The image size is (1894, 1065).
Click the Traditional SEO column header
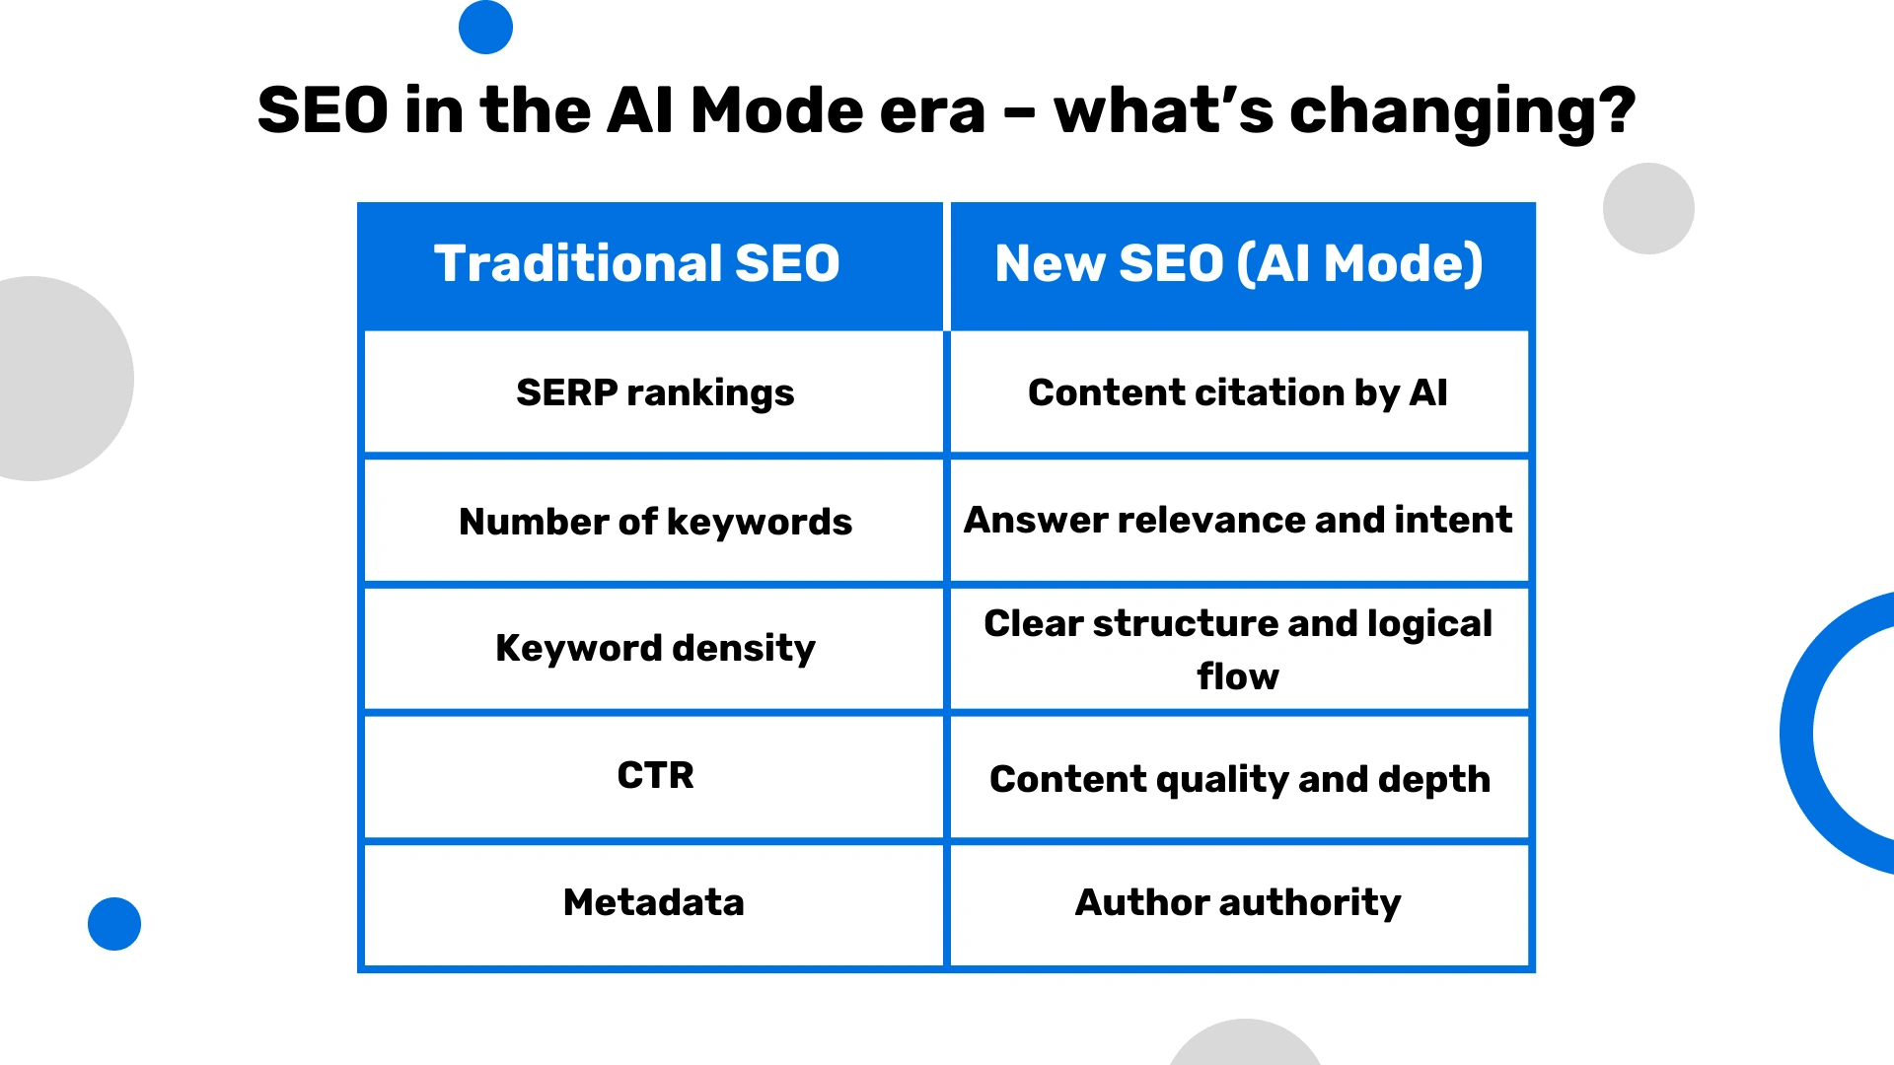(x=636, y=264)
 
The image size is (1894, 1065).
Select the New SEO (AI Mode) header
(x=1238, y=264)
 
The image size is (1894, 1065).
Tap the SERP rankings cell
(x=654, y=392)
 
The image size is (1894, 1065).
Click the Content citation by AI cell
(x=1237, y=392)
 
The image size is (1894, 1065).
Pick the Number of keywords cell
(x=654, y=521)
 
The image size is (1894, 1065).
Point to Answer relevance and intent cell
(x=1237, y=520)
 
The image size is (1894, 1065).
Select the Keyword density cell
(x=654, y=648)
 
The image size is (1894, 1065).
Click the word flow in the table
(x=1237, y=676)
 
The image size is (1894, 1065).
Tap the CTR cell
(x=654, y=775)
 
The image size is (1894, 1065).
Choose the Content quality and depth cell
(x=1239, y=779)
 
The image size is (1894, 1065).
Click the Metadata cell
(x=653, y=902)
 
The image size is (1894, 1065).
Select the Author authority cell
(x=1237, y=902)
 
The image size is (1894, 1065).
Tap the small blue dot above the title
(x=485, y=27)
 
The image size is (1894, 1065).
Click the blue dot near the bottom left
(x=114, y=924)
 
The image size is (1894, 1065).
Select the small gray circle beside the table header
(x=1648, y=208)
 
